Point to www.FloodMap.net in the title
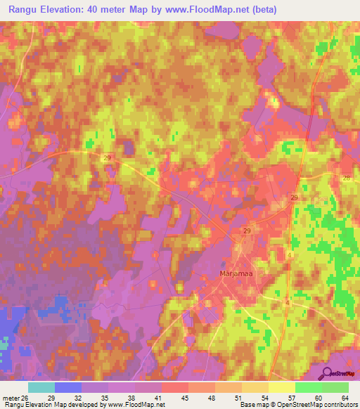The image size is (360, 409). tap(211, 9)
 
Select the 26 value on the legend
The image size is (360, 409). tap(27, 398)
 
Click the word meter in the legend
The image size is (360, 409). tap(10, 398)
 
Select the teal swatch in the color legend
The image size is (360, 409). tap(41, 387)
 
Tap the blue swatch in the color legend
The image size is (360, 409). tap(67, 387)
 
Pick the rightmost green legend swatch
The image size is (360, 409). tap(335, 387)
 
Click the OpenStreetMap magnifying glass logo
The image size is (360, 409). tap(326, 374)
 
